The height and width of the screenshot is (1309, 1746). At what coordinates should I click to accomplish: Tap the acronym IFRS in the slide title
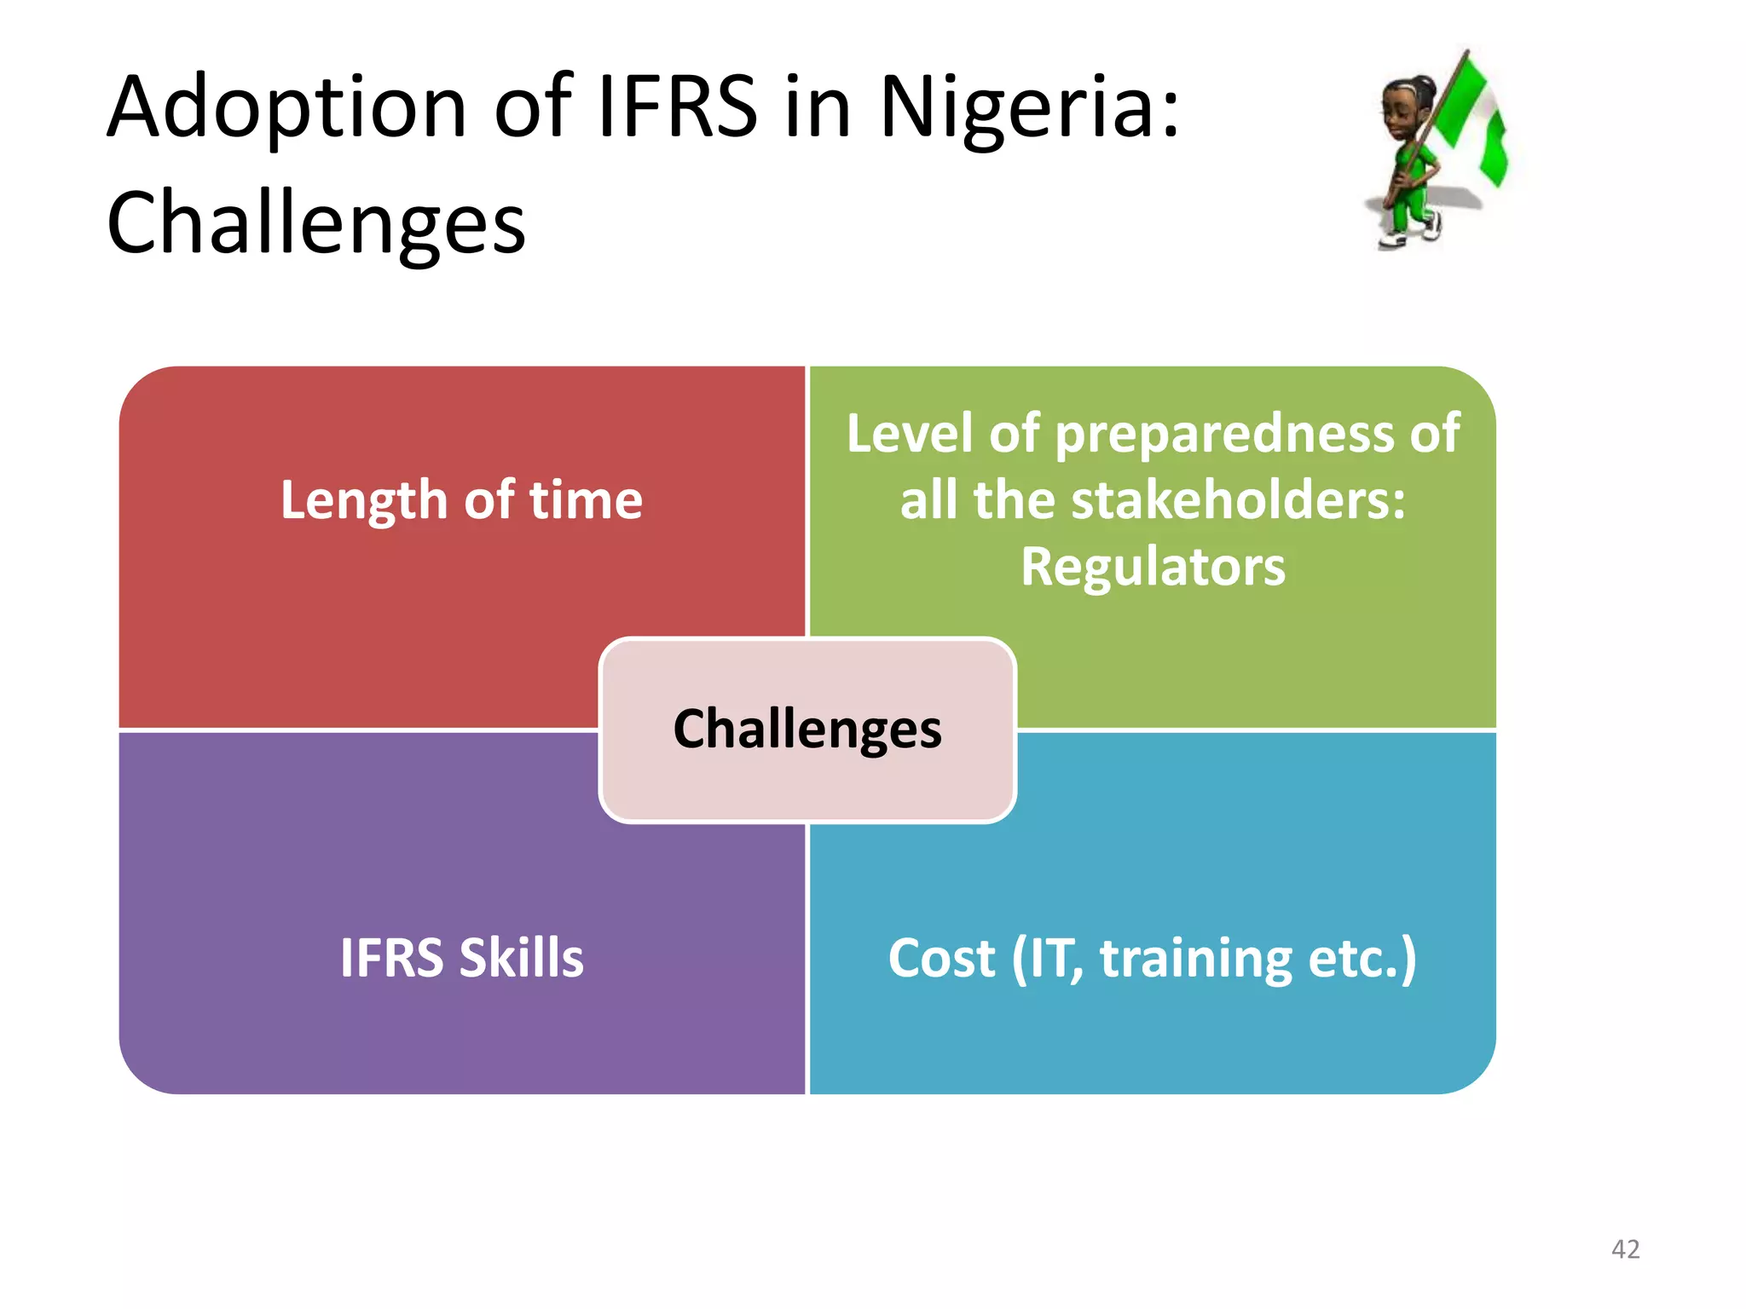(677, 107)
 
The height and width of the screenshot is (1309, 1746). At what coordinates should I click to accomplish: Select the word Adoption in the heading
(286, 109)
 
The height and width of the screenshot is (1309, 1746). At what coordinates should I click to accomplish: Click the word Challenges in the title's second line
(315, 223)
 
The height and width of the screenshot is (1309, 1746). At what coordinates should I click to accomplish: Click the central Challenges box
(807, 729)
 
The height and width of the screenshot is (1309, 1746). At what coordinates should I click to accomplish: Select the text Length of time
(461, 499)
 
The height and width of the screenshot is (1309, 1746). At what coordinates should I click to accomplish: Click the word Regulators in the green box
(1153, 567)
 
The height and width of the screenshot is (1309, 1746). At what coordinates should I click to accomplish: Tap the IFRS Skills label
(461, 958)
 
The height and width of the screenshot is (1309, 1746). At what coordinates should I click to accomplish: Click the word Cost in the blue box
(941, 958)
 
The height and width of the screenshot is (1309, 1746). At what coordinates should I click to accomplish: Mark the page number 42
(1625, 1249)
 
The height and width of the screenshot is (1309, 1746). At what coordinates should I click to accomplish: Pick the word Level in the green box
(909, 434)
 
